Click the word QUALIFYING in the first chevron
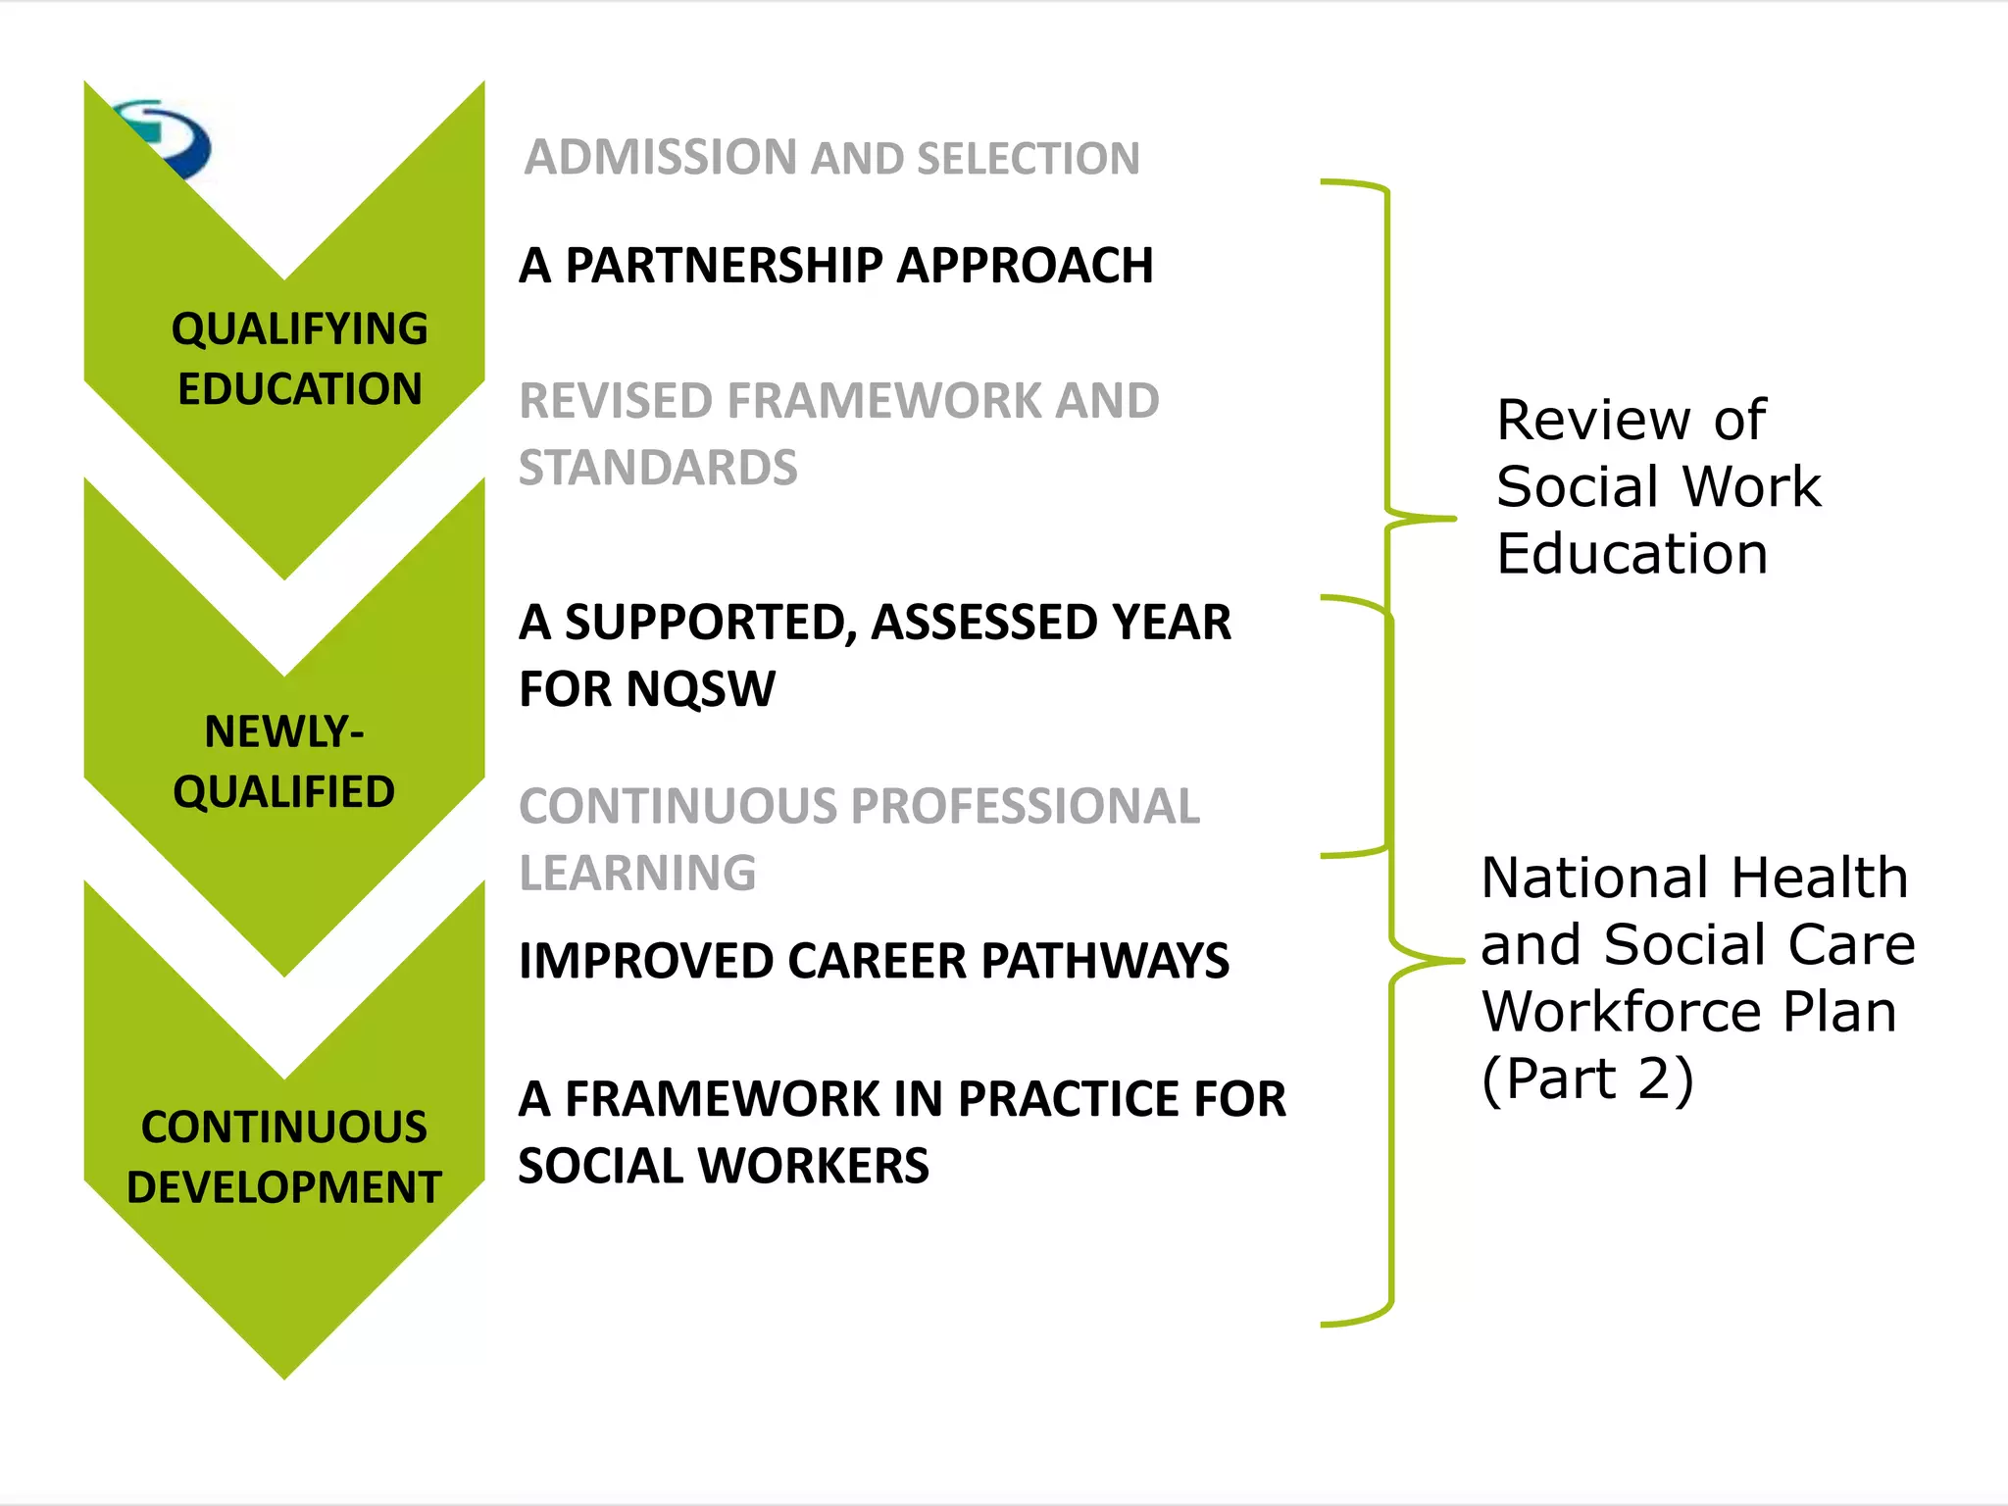[x=299, y=328]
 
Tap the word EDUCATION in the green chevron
[x=299, y=389]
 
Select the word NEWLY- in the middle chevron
[x=284, y=731]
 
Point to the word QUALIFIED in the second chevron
[x=284, y=791]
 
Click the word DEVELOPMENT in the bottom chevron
[x=284, y=1187]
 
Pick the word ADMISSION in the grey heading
[x=661, y=158]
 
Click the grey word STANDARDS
[x=658, y=468]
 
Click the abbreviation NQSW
[x=701, y=689]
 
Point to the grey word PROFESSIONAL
[x=1026, y=807]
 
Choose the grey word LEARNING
[x=637, y=874]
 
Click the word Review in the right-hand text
[x=1593, y=421]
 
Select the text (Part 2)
[x=1587, y=1079]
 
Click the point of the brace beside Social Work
[x=1453, y=518]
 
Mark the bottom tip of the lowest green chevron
[x=284, y=1378]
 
